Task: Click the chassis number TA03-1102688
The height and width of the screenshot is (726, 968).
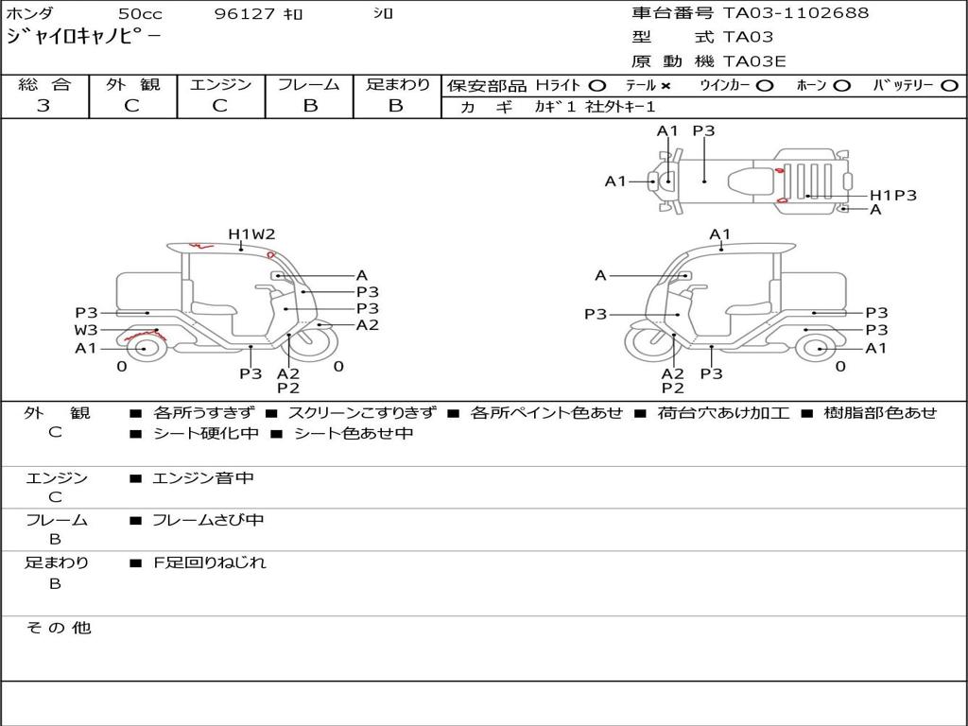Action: coord(796,13)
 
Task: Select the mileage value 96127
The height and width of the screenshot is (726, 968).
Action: coord(246,14)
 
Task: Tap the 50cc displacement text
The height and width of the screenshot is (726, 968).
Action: coord(139,14)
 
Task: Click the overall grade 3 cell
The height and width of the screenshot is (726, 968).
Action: coord(43,106)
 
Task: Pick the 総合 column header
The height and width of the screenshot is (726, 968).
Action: coord(44,85)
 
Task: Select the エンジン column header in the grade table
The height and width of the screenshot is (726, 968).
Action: coord(220,85)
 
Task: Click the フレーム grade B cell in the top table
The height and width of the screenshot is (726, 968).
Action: coord(310,106)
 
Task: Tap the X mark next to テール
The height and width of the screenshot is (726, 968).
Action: coord(665,86)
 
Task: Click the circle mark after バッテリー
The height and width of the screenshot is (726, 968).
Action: coord(948,86)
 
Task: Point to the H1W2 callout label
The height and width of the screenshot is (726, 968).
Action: coord(251,233)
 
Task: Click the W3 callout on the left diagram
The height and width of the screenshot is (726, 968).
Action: coord(86,330)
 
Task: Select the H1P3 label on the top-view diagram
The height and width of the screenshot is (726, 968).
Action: coord(892,196)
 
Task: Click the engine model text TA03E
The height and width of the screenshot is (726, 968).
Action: coord(755,61)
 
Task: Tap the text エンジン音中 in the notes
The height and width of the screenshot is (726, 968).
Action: coord(203,478)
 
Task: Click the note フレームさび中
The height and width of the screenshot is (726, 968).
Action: coord(208,520)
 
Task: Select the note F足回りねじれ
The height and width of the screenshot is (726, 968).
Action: coord(210,562)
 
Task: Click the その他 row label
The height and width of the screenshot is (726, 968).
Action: coord(58,628)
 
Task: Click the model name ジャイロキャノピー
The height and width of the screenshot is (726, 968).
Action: coord(83,37)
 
